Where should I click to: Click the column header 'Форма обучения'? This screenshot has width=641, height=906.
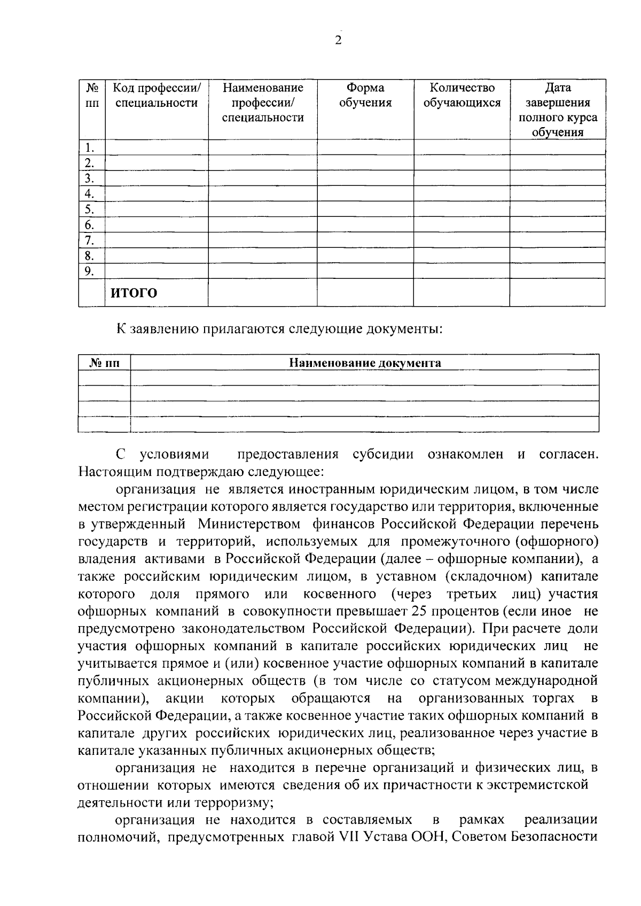click(365, 95)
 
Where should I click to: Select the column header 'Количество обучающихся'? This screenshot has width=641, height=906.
click(462, 95)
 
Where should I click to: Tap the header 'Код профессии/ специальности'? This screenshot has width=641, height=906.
click(157, 95)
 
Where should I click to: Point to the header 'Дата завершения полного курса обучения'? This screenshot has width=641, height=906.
click(558, 110)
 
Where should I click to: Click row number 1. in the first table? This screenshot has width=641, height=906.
click(90, 147)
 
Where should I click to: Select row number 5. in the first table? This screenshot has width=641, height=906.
click(90, 209)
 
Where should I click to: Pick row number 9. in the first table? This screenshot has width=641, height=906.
click(90, 271)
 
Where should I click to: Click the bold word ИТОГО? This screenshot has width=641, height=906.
click(134, 293)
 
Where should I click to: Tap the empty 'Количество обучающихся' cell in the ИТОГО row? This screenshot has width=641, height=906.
click(462, 293)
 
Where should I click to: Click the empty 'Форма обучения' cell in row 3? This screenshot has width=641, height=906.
click(365, 178)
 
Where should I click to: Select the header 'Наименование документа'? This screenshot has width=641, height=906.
click(365, 363)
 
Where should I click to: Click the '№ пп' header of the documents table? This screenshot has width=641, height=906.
click(104, 363)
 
